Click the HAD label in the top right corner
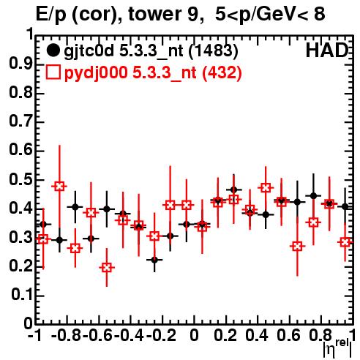[327, 50]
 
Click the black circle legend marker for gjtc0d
[53, 50]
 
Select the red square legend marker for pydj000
[53, 72]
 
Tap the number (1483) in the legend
[213, 51]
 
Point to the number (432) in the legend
[222, 72]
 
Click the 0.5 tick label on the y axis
[20, 180]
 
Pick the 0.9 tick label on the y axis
[20, 64]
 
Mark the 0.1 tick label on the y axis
[21, 295]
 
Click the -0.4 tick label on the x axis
[131, 335]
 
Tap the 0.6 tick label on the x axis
[288, 335]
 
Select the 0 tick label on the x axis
[194, 335]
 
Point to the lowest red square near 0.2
[107, 268]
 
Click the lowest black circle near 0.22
[154, 260]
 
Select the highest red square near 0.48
[59, 187]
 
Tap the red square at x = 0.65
[297, 247]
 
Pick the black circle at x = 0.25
[233, 190]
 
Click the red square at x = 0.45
[266, 188]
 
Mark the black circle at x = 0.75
[314, 195]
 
